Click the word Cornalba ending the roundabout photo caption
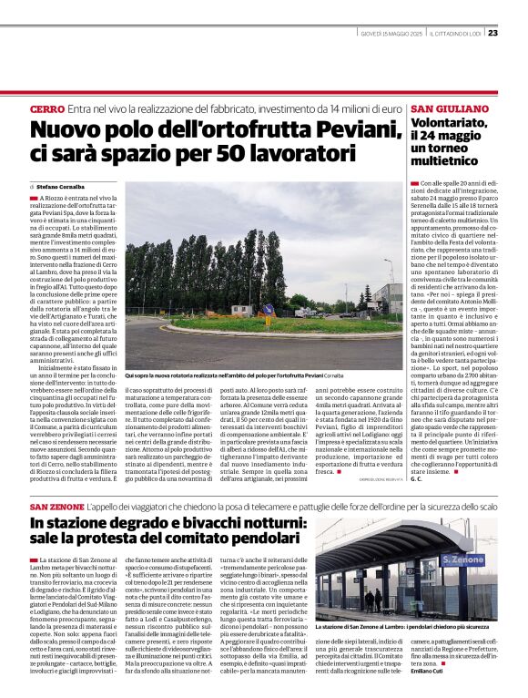333,375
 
